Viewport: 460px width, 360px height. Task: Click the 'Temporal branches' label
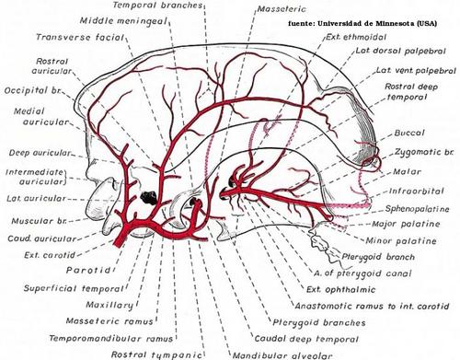click(157, 6)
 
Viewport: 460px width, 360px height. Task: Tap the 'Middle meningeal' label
click(123, 21)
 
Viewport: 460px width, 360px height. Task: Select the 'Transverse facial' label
click(80, 37)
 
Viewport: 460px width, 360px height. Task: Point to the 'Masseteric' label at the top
click(282, 9)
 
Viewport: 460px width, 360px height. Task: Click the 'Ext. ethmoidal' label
click(356, 37)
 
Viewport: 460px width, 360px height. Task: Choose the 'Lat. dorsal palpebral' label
click(400, 51)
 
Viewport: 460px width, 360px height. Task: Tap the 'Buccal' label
click(409, 133)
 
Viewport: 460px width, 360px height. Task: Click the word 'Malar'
click(407, 171)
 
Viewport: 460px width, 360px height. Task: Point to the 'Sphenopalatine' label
click(417, 209)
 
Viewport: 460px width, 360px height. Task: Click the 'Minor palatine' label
click(401, 240)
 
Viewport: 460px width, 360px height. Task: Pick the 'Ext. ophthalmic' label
click(340, 289)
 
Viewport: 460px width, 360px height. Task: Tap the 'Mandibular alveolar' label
click(282, 355)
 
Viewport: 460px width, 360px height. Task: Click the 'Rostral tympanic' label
click(156, 354)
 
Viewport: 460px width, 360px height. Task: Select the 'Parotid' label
click(88, 270)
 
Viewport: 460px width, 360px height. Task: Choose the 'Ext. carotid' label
click(50, 255)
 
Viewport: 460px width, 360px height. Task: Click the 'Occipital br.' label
click(33, 90)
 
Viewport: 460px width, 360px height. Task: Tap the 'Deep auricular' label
click(40, 153)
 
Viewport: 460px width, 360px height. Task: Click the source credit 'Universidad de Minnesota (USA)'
click(377, 23)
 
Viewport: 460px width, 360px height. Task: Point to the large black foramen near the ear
click(149, 197)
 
